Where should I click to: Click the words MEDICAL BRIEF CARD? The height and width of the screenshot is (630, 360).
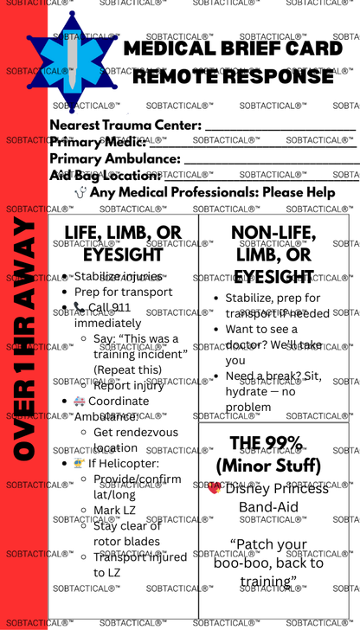[234, 48]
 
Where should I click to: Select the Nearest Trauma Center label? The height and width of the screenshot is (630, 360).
[125, 125]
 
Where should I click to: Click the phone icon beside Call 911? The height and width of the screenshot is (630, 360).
[79, 307]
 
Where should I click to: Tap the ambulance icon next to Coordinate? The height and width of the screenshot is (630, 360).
[79, 402]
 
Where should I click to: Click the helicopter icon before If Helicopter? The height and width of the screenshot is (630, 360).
[79, 464]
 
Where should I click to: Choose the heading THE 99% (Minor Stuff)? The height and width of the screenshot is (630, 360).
[271, 454]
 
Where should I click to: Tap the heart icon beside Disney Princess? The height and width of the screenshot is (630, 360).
[215, 488]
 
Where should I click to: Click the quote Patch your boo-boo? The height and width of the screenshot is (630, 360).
[268, 562]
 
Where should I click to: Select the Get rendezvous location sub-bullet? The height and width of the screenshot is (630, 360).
[135, 440]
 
